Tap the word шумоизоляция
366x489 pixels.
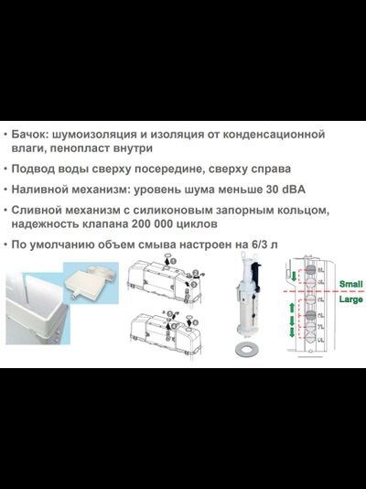(107, 135)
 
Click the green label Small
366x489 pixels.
(350, 284)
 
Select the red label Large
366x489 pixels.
(350, 299)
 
